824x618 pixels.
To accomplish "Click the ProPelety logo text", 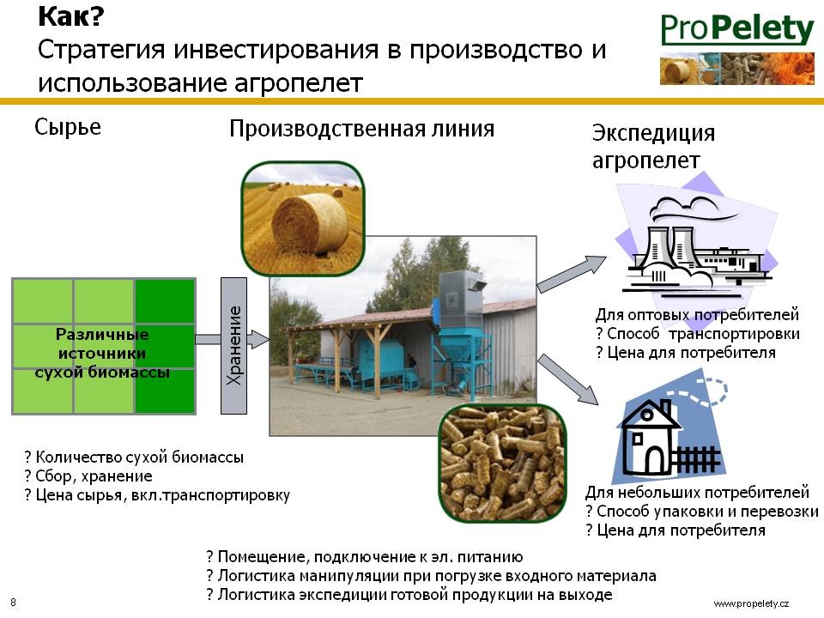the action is click(x=736, y=29).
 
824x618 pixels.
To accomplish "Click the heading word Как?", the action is click(x=71, y=16).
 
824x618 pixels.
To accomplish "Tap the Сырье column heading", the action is click(x=68, y=127).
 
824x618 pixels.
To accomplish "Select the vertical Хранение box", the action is click(x=233, y=346).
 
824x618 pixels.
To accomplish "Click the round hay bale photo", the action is click(x=303, y=219).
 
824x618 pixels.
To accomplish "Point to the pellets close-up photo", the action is click(x=503, y=463).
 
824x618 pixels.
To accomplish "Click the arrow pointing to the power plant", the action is click(x=572, y=273).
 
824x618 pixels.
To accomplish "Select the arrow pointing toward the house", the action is click(x=568, y=379).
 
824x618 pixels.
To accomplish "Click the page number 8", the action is click(x=13, y=603).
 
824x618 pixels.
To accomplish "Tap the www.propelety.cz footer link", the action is click(x=751, y=603).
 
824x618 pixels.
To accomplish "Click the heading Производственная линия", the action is click(x=361, y=129).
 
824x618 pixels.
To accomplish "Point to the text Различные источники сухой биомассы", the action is click(x=102, y=353).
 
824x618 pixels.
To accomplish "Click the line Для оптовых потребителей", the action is click(x=697, y=315).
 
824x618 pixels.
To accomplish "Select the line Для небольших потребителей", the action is click(x=697, y=493).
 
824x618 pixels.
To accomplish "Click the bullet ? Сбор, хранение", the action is click(x=88, y=476).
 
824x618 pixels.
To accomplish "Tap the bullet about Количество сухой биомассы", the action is click(x=134, y=457).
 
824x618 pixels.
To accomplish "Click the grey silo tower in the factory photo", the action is click(x=462, y=300).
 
